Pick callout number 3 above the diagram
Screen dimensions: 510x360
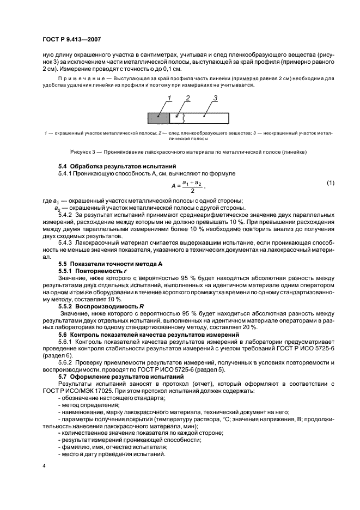[x=215, y=98]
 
